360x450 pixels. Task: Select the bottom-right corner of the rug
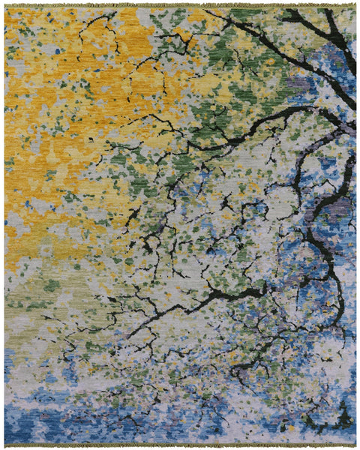pyautogui.click(x=355, y=442)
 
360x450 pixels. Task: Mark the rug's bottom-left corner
pyautogui.click(x=5, y=442)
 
